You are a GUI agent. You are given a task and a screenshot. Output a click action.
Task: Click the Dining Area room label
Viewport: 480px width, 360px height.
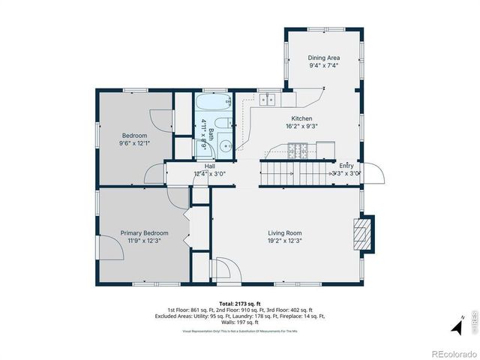tap(324, 58)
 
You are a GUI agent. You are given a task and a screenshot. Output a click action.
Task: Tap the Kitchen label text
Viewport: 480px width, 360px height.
tap(301, 118)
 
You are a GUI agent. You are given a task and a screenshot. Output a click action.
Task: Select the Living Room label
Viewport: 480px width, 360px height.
tap(284, 233)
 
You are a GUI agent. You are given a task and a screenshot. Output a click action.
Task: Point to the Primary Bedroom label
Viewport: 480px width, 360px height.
tap(144, 233)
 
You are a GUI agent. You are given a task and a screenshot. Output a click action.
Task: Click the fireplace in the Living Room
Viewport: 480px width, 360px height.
tap(362, 233)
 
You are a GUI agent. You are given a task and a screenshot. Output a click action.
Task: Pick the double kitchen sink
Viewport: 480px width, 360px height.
tap(268, 98)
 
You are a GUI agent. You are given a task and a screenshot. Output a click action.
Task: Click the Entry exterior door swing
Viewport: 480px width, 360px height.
tap(374, 173)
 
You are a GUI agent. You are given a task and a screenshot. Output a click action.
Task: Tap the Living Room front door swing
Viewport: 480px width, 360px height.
tap(223, 268)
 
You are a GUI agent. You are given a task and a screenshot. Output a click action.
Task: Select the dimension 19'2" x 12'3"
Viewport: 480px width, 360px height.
tap(284, 241)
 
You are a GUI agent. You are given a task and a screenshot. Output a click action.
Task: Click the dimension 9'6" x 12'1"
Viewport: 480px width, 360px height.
tap(135, 143)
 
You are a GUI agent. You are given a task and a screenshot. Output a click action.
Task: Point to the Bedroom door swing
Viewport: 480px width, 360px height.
tap(154, 120)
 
